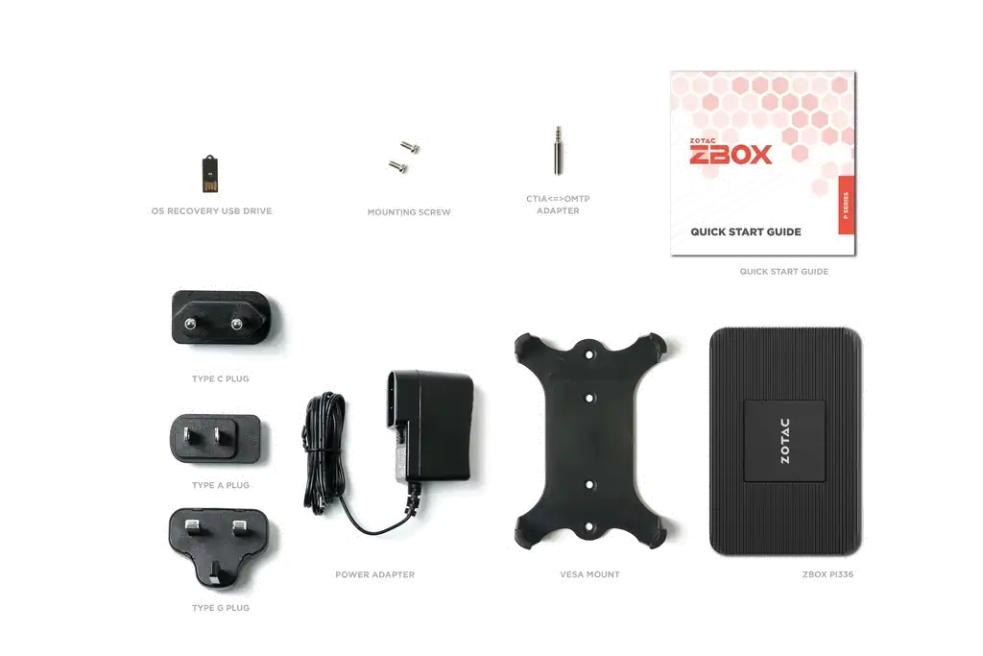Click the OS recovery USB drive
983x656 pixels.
pos(210,174)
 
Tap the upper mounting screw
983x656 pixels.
pos(410,147)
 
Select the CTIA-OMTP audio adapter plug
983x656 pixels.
pos(558,151)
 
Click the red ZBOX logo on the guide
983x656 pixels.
pos(731,153)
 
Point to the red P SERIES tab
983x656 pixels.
pos(847,206)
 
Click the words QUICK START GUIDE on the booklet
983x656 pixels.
pos(745,232)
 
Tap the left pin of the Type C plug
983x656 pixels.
pos(190,324)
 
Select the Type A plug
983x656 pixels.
pos(215,439)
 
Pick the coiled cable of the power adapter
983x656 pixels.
pos(324,451)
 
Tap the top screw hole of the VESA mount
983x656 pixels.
pos(589,355)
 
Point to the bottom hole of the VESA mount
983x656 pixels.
pos(589,526)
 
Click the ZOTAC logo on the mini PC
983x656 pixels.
pos(784,441)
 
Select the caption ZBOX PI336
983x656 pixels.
pos(827,574)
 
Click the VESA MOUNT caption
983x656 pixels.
pos(589,574)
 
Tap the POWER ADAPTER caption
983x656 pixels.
pos(375,574)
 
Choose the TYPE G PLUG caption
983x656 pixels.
pos(221,608)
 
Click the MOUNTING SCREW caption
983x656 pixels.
pos(409,212)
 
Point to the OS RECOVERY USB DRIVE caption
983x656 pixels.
pos(211,211)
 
